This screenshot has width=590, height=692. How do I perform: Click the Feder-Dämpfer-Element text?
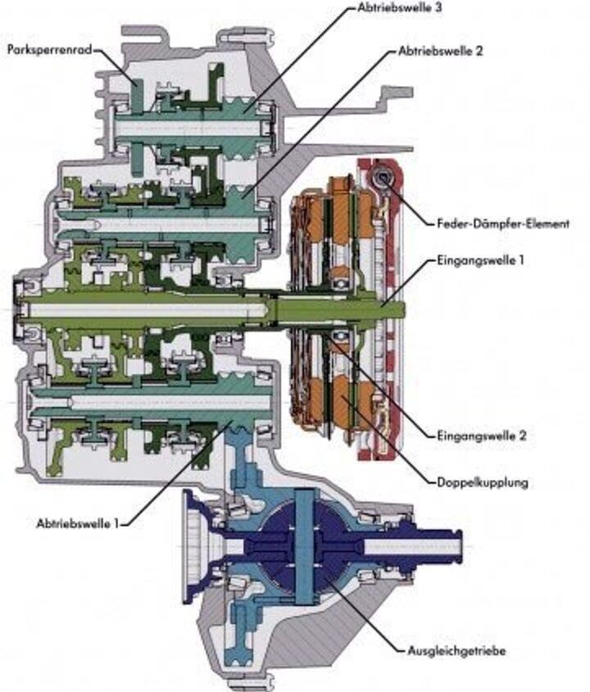tap(497, 223)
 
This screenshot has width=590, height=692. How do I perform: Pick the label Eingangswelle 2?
tap(479, 436)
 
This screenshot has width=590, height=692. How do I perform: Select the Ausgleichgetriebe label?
tap(456, 652)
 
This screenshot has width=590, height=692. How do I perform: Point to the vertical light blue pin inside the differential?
tap(306, 544)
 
